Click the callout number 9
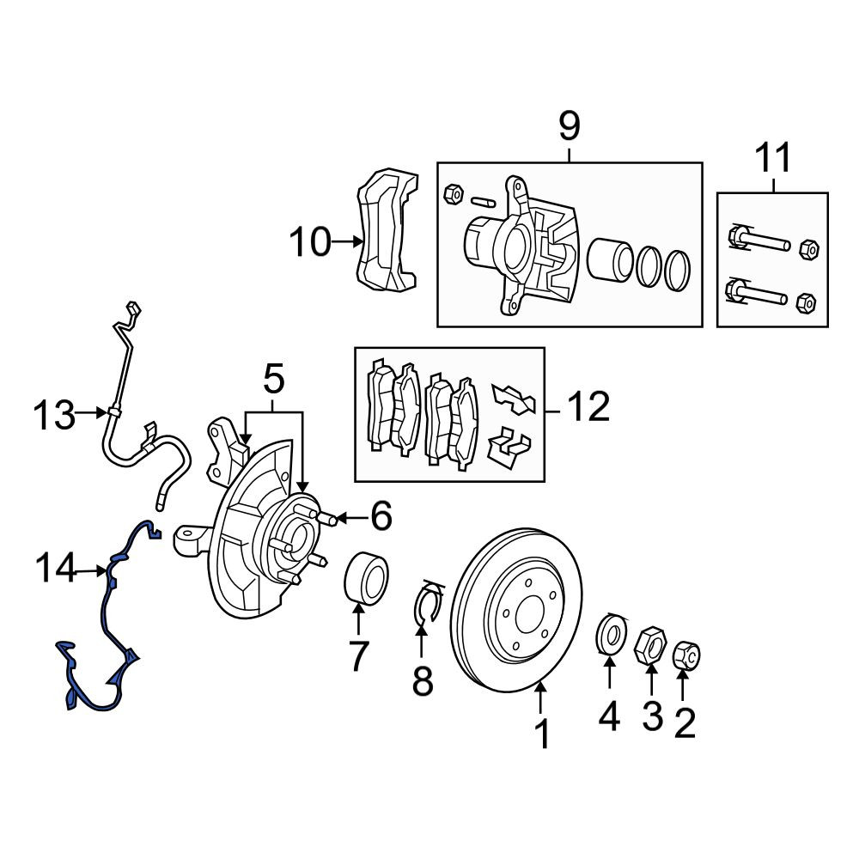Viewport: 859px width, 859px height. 570,125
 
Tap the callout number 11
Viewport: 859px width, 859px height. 774,157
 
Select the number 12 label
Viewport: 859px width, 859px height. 588,406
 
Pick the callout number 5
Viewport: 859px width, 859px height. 274,379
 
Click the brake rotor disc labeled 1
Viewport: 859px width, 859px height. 516,610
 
